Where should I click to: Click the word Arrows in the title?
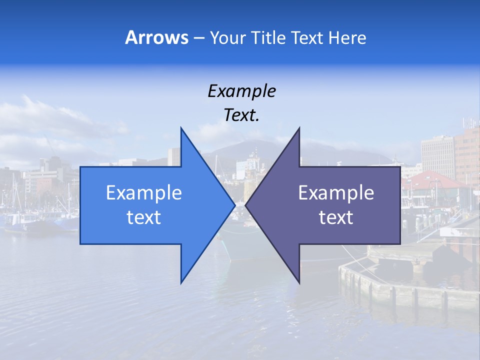tap(156, 37)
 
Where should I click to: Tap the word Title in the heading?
tap(268, 37)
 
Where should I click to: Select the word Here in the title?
tap(347, 37)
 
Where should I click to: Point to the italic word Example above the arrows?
tap(241, 91)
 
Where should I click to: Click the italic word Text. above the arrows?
tap(241, 115)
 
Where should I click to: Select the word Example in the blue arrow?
tap(143, 192)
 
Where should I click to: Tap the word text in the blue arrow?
tap(143, 217)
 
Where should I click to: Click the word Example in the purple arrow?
tap(336, 192)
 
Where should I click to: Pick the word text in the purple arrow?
tap(336, 217)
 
